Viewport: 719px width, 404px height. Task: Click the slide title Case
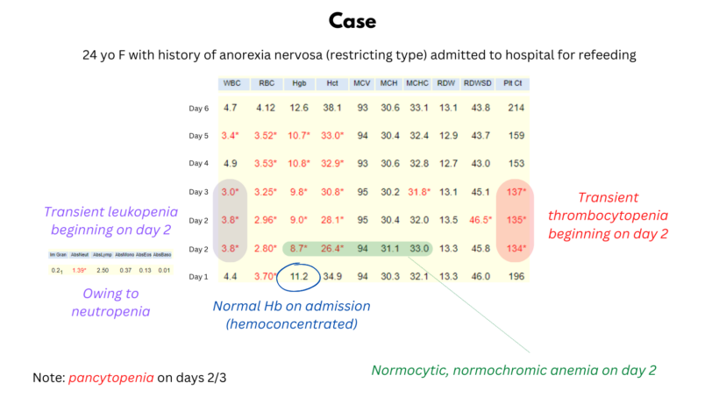[x=359, y=19]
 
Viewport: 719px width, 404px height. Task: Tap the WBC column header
[x=231, y=84]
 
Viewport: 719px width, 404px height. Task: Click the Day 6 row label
[x=198, y=109]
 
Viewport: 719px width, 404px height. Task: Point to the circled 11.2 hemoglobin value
[x=299, y=276]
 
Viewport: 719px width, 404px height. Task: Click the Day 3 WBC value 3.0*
[x=231, y=192]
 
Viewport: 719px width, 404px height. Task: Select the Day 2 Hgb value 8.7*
[x=299, y=248]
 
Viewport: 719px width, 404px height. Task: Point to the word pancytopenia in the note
[x=110, y=379]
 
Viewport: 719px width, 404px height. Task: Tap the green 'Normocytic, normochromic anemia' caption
[x=514, y=370]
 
